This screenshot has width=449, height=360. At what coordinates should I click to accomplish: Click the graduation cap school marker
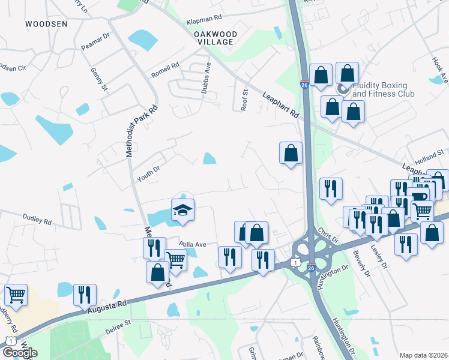pyautogui.click(x=183, y=210)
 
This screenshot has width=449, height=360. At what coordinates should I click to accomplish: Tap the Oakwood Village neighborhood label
pyautogui.click(x=215, y=38)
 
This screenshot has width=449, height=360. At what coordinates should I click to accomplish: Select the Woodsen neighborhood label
pyautogui.click(x=46, y=24)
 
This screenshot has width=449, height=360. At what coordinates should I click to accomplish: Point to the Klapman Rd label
pyautogui.click(x=203, y=20)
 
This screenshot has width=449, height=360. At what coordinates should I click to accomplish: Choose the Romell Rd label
pyautogui.click(x=166, y=72)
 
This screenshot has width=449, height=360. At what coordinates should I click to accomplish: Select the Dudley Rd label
pyautogui.click(x=37, y=220)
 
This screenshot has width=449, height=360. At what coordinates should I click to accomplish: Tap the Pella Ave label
pyautogui.click(x=193, y=244)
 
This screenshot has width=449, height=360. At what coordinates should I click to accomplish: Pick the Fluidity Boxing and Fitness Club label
pyautogui.click(x=383, y=90)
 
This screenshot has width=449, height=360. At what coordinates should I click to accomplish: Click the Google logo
pyautogui.click(x=20, y=353)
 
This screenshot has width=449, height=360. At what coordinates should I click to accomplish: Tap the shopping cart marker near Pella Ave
pyautogui.click(x=175, y=260)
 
